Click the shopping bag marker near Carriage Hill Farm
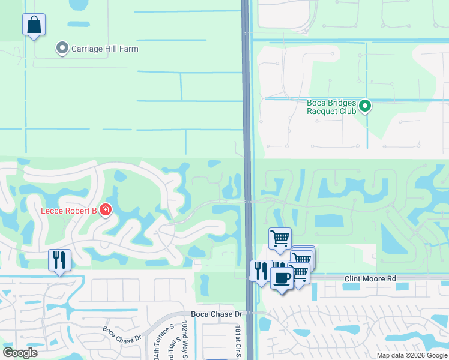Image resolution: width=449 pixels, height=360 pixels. pos(34,25)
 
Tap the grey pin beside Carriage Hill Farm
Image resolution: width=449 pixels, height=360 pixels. pos(62,48)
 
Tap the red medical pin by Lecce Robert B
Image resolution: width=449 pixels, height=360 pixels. pos(106,210)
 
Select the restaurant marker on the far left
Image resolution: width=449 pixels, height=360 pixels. pos(59,260)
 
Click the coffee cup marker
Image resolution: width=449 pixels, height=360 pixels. pos(282,278)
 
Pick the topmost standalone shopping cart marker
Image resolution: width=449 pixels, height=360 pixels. pos(280,239)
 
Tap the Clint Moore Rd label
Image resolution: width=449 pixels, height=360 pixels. pos(370,279)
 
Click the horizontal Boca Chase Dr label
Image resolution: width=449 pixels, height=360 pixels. pos(216,314)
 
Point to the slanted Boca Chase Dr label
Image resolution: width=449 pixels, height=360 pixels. pos(121,335)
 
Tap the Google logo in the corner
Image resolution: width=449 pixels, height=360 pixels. pos(20,352)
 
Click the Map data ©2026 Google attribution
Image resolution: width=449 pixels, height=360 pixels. pos(412,355)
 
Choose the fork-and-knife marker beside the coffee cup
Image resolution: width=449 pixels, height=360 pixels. pos(260,271)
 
